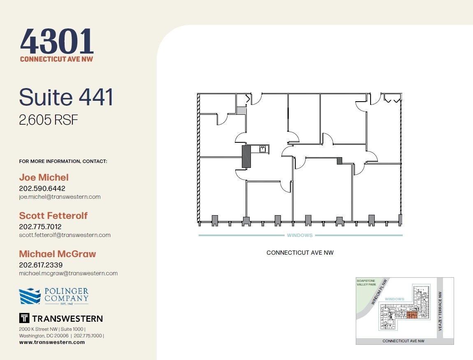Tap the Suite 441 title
66,97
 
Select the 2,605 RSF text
48,120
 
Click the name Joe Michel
44,177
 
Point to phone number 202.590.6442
42,188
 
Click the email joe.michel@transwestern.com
60,197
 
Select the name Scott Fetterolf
53,216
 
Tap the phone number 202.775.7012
40,227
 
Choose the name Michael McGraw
57,254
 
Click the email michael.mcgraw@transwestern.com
68,273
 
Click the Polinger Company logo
54,296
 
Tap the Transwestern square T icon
24,318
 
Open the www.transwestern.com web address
52,342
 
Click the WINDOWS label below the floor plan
300,235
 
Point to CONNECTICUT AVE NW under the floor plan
300,253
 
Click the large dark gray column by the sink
246,156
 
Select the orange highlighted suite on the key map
412,315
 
